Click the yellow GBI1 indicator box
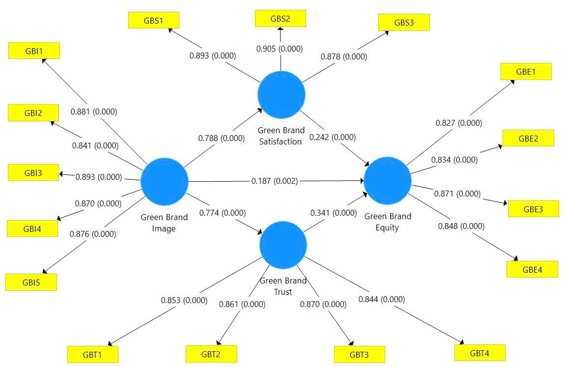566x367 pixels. coord(34,51)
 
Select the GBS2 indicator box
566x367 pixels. coord(281,19)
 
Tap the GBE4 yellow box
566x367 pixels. coord(532,269)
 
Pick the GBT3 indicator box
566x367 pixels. coord(359,354)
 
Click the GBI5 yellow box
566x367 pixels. coord(31,282)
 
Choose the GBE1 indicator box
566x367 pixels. coord(526,71)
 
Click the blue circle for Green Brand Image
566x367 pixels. coord(165,181)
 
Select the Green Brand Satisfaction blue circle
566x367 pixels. coord(282,94)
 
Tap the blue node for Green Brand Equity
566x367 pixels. coord(387,180)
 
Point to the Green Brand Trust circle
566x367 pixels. coord(283,245)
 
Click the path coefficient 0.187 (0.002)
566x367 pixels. coord(274,181)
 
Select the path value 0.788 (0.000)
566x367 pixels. coord(221,139)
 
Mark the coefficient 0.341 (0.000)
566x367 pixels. coord(333,213)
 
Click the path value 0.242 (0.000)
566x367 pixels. coord(332,138)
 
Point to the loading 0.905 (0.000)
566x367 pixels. coord(280,49)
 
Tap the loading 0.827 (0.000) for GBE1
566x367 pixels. coord(458,123)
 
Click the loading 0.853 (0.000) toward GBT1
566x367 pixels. coord(184,300)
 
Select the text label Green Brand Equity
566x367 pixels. coord(388,222)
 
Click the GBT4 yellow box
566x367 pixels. coord(480,353)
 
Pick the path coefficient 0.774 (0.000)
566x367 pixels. coord(222,213)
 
